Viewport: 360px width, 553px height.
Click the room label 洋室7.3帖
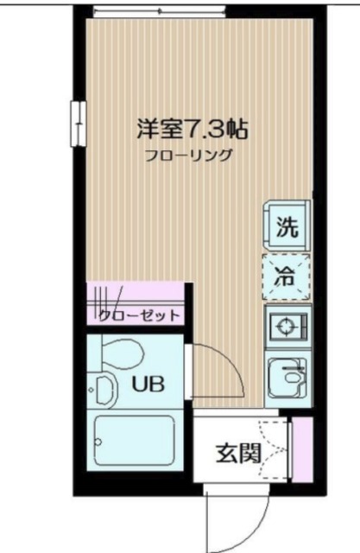coord(192,130)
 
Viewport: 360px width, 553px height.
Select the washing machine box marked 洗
coord(287,229)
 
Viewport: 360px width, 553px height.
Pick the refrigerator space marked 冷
coord(287,276)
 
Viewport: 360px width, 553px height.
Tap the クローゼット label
coord(138,315)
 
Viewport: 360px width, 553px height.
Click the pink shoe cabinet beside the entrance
coord(302,449)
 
